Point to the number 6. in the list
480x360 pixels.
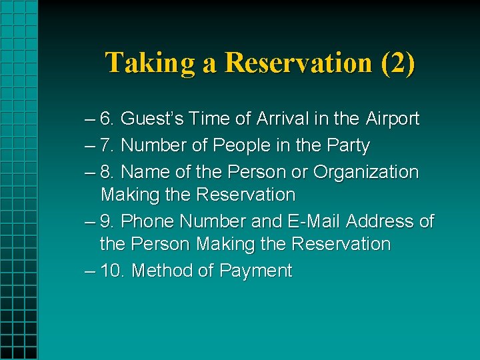tap(107, 119)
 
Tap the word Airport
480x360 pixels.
tap(392, 119)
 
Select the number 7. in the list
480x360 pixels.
tap(107, 145)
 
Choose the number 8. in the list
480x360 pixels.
tap(107, 171)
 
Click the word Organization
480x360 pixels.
tap(365, 171)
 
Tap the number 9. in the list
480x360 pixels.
tap(107, 221)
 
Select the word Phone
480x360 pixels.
tap(148, 221)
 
